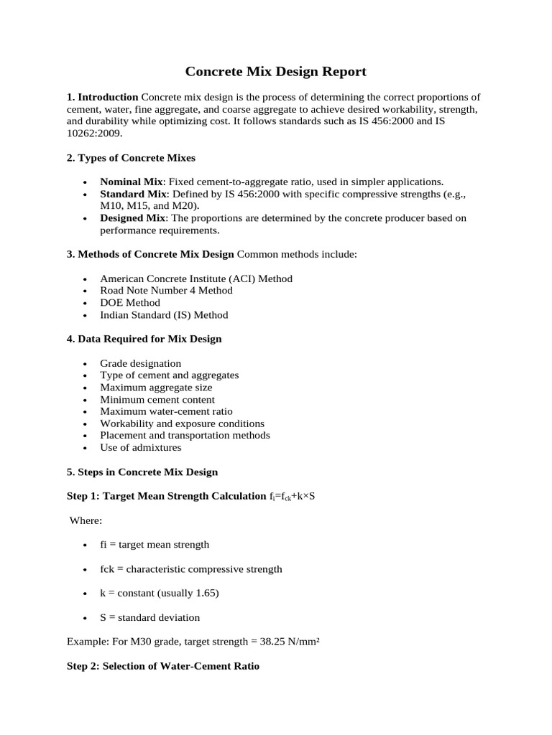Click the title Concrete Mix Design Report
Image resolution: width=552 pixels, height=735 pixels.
click(x=276, y=71)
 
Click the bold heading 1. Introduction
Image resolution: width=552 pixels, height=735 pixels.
click(x=102, y=97)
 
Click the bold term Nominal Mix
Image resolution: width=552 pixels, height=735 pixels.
click(x=132, y=182)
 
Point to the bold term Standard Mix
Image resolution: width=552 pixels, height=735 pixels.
click(x=134, y=194)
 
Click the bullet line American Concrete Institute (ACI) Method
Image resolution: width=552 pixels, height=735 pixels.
click(x=196, y=278)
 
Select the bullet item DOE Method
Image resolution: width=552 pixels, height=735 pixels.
click(x=130, y=302)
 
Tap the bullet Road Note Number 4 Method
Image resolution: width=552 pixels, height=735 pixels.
click(x=166, y=291)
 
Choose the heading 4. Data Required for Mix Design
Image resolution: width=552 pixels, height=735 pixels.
click(x=144, y=339)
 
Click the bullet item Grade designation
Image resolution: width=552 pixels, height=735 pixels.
click(x=141, y=363)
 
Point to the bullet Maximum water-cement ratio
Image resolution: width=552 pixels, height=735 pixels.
click(x=166, y=411)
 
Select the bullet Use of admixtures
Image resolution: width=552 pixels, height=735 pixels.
click(x=141, y=447)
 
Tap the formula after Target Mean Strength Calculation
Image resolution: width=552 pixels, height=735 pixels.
click(x=292, y=497)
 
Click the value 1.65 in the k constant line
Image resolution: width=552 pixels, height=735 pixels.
click(x=206, y=593)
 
